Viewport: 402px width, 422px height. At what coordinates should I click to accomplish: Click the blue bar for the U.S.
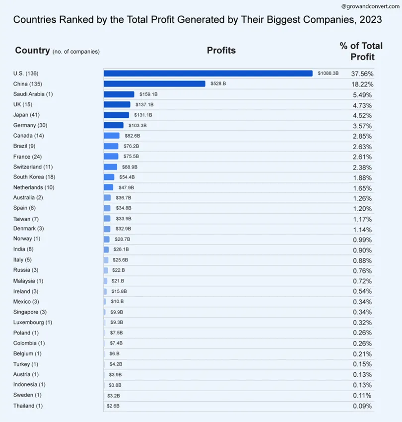(208, 74)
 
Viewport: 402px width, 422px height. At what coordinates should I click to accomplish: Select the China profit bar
(154, 84)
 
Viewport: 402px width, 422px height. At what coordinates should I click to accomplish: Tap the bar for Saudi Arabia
(119, 94)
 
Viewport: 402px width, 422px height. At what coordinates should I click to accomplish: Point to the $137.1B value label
(144, 105)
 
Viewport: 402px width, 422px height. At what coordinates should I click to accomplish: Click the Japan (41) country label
(26, 115)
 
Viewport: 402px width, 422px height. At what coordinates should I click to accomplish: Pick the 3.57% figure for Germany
(362, 126)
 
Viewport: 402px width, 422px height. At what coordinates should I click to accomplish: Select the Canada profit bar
(112, 136)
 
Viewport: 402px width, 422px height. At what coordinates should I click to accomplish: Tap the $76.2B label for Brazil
(131, 146)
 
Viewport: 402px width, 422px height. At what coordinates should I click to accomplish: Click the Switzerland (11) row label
(33, 167)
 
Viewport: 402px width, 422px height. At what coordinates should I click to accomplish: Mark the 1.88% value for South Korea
(362, 178)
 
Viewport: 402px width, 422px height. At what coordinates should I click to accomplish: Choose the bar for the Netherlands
(108, 187)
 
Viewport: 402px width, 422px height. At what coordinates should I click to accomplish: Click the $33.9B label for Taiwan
(124, 219)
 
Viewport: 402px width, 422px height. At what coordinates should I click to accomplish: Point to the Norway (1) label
(27, 239)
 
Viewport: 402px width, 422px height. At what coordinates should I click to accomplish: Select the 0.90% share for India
(362, 251)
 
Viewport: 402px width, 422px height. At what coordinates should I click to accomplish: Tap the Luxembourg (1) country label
(33, 323)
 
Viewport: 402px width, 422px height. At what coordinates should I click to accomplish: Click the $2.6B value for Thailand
(113, 406)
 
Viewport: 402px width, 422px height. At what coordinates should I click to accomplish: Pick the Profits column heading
(221, 50)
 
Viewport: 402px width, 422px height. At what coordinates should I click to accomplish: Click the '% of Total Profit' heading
(361, 51)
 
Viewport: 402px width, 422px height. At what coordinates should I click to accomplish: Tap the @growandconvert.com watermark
(370, 6)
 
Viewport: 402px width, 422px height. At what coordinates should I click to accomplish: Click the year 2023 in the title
(371, 20)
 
